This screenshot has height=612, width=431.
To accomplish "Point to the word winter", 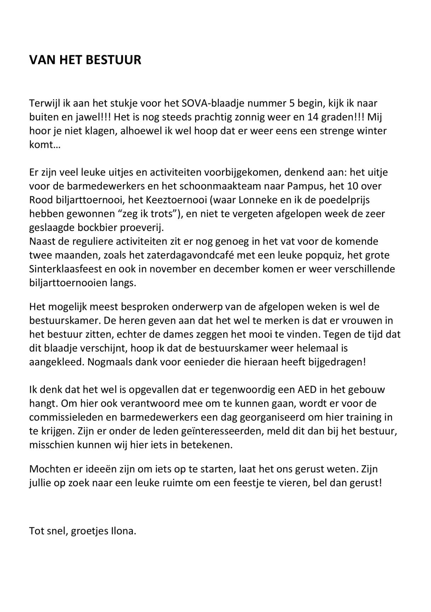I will tap(370, 131).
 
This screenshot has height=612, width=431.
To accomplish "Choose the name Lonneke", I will tap(258, 200).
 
